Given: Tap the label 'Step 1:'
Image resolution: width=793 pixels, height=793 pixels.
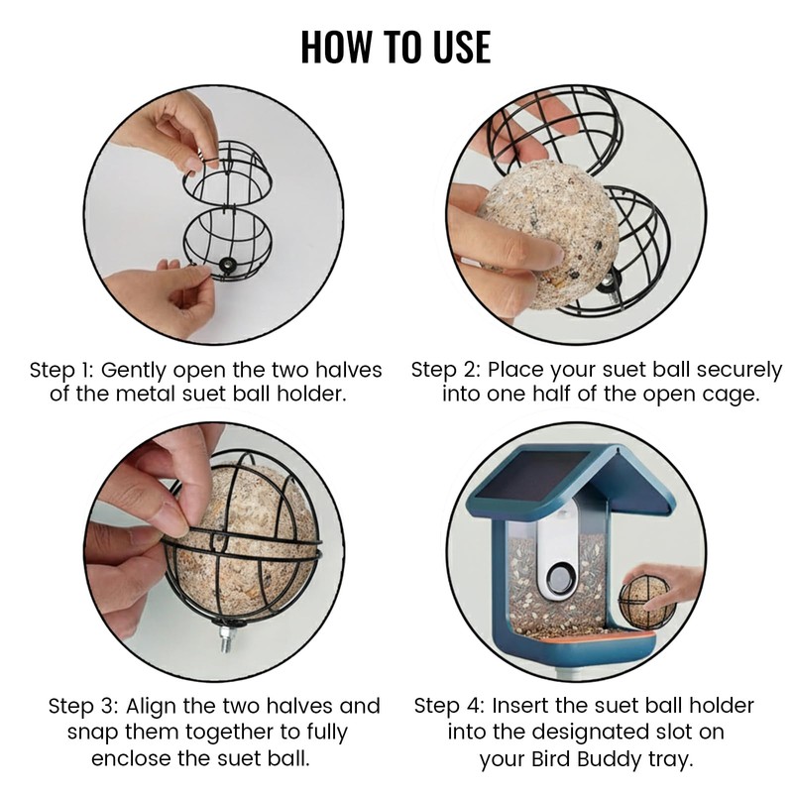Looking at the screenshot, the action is tap(61, 371).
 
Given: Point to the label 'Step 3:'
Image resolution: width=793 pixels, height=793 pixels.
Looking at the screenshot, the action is tap(83, 706).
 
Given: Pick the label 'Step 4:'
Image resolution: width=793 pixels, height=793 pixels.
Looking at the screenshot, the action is tap(449, 706).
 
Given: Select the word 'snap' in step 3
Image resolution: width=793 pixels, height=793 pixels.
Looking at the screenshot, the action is tap(92, 734).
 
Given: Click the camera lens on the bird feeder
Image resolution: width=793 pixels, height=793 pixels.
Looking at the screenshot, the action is tap(559, 577).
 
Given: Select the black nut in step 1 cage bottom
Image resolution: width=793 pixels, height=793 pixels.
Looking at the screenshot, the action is tap(228, 264).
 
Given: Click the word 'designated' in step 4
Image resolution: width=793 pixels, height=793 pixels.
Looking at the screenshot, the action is tap(588, 733).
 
